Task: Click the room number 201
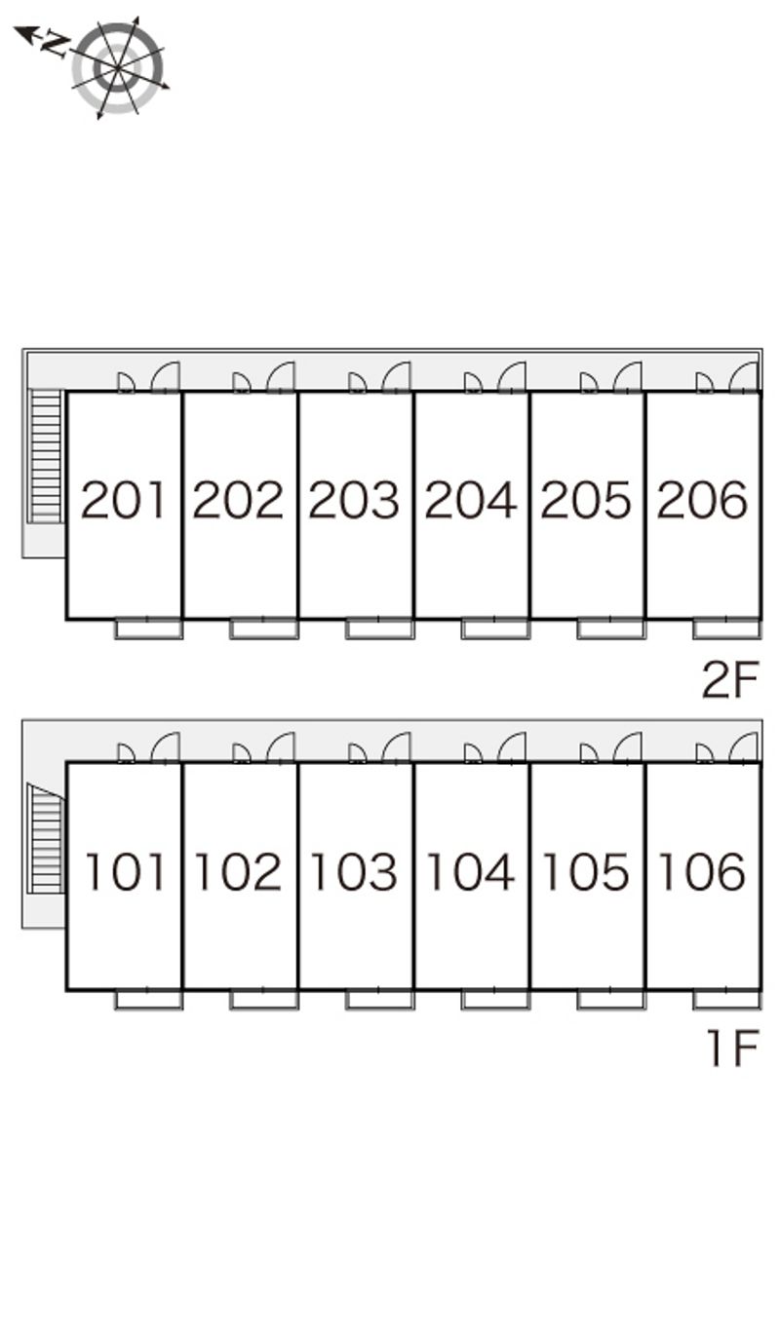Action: [x=123, y=499]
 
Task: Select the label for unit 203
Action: [x=354, y=499]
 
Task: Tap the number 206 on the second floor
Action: [x=702, y=499]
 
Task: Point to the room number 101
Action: [x=125, y=871]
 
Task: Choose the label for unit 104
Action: [x=470, y=871]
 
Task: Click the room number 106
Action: [x=702, y=871]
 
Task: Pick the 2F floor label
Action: [x=730, y=679]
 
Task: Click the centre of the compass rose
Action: [x=118, y=68]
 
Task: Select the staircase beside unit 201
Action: [x=47, y=457]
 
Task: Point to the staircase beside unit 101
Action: [x=46, y=839]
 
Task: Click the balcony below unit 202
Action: [x=263, y=629]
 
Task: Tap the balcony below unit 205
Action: [x=611, y=629]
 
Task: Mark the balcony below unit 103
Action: [x=379, y=1000]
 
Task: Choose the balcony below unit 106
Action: [x=726, y=1000]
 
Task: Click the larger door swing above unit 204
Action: [x=512, y=377]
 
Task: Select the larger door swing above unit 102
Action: [x=281, y=748]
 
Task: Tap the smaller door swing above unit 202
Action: [x=241, y=383]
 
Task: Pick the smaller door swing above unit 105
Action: [x=588, y=754]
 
